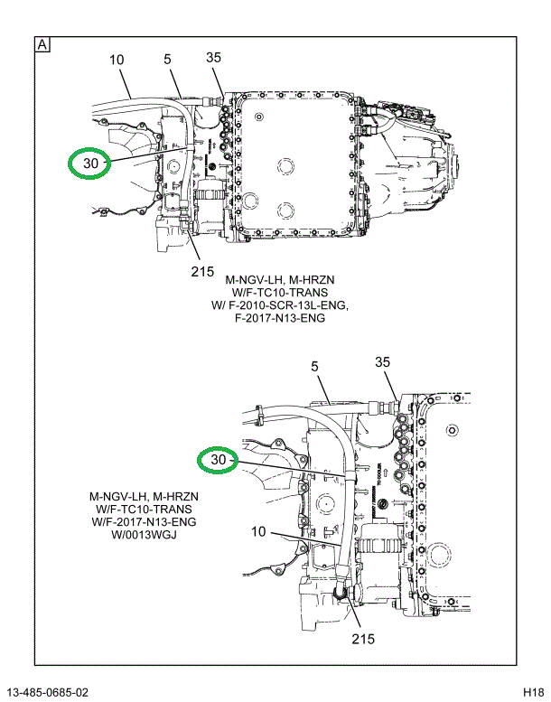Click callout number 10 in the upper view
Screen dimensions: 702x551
point(117,61)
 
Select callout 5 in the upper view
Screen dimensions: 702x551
point(168,60)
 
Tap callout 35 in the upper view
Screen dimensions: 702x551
point(213,58)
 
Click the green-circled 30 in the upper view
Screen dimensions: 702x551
point(89,164)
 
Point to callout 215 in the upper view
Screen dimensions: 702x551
point(201,271)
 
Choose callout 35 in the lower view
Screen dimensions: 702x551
point(383,363)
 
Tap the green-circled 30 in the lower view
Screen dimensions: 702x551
point(218,461)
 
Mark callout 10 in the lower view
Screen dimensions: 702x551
point(259,532)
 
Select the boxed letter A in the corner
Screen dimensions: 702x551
point(42,44)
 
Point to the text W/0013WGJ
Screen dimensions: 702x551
point(144,535)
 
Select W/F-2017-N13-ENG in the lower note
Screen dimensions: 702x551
point(144,522)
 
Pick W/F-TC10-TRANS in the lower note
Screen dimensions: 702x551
point(144,510)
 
